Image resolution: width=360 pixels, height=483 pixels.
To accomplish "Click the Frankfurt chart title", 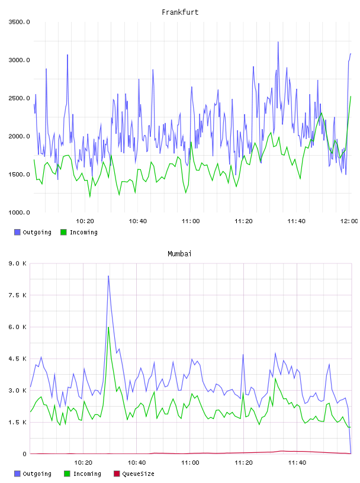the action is [180, 12].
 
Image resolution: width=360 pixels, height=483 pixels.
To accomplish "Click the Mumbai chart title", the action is [179, 254].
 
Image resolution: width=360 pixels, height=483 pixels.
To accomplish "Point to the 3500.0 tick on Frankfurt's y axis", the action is [19, 22].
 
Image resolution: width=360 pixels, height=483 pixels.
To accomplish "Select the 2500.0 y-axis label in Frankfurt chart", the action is [19, 98].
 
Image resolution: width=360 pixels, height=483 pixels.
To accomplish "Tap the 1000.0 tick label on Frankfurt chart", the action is [19, 212].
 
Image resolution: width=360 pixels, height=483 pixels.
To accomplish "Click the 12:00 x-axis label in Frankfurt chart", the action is [349, 221].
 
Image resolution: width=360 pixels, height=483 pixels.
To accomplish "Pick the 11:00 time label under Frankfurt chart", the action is [191, 221].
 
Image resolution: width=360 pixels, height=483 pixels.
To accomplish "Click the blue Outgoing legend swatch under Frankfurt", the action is [17, 232].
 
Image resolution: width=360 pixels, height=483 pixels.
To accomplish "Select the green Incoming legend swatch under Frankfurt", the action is [63, 232].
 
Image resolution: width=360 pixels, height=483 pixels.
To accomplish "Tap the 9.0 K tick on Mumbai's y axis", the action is [18, 263].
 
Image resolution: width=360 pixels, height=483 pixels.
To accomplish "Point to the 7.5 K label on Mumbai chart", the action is [18, 295].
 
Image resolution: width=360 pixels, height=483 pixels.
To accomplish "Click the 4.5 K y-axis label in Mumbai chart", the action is [18, 359].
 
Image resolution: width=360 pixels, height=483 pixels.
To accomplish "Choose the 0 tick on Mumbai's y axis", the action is [24, 454].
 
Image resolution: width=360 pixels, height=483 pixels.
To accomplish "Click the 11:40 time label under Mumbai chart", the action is [297, 463].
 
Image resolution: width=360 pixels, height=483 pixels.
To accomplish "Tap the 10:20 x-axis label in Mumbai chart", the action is [83, 463].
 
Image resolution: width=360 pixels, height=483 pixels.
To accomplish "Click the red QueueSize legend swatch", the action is [117, 474].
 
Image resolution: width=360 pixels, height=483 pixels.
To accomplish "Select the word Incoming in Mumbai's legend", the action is [87, 474].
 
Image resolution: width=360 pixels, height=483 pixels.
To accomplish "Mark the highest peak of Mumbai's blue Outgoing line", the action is [108, 276].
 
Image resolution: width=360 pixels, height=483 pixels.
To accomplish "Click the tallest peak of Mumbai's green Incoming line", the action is [108, 327].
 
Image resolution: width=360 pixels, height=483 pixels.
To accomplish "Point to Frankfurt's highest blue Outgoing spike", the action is [278, 42].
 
